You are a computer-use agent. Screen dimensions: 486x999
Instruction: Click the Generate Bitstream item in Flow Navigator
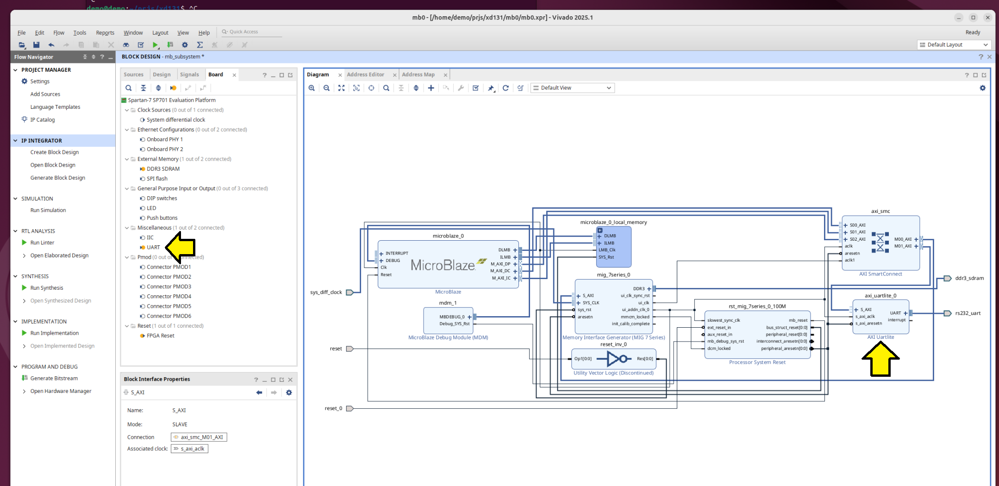[54, 378]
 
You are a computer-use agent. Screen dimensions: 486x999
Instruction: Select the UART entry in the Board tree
[153, 247]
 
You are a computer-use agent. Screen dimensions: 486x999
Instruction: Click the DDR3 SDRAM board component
[163, 169]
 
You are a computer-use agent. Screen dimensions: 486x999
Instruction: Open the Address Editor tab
[365, 75]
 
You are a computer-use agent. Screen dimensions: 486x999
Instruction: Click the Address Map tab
[418, 75]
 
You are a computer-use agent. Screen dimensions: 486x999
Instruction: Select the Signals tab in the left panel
[189, 75]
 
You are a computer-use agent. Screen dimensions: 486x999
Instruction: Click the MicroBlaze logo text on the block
[443, 265]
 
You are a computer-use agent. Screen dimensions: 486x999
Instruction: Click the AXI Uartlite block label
[880, 337]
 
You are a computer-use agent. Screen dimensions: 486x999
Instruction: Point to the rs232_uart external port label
[968, 313]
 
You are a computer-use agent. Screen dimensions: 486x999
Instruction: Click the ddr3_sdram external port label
[969, 278]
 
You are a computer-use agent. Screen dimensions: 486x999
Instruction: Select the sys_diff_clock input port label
[326, 293]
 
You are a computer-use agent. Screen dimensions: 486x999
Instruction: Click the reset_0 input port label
[333, 408]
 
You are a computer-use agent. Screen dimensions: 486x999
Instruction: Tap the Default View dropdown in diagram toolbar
[573, 88]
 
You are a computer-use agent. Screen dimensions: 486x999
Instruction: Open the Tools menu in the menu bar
[80, 33]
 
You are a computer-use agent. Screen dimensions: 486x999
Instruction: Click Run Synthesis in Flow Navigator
[46, 288]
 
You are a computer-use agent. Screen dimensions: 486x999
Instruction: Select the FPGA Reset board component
[160, 336]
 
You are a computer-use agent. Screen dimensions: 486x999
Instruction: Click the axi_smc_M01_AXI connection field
[199, 437]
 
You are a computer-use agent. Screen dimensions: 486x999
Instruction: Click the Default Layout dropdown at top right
[954, 45]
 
